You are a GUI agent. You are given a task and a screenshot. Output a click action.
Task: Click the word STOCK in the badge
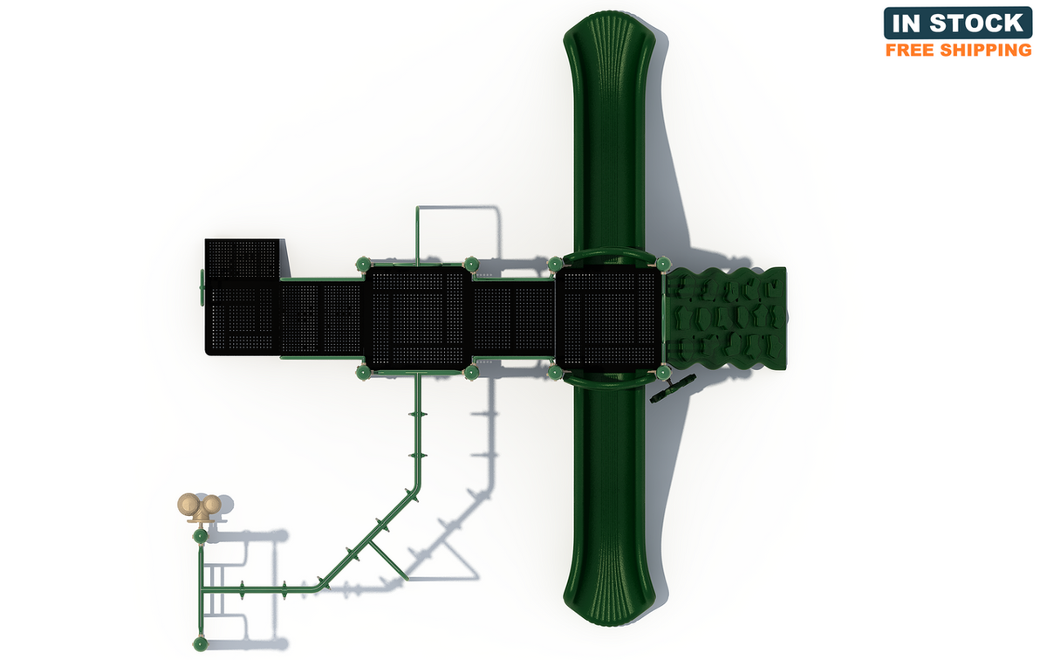tap(976, 23)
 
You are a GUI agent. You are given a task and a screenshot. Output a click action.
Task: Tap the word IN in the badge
tap(907, 23)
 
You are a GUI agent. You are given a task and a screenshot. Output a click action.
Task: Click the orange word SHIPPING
tap(986, 50)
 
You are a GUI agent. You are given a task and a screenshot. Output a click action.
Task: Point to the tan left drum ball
tap(189, 505)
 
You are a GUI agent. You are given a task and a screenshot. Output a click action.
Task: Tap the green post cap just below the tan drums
tap(201, 536)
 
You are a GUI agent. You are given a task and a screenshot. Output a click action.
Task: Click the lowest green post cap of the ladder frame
tap(201, 643)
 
